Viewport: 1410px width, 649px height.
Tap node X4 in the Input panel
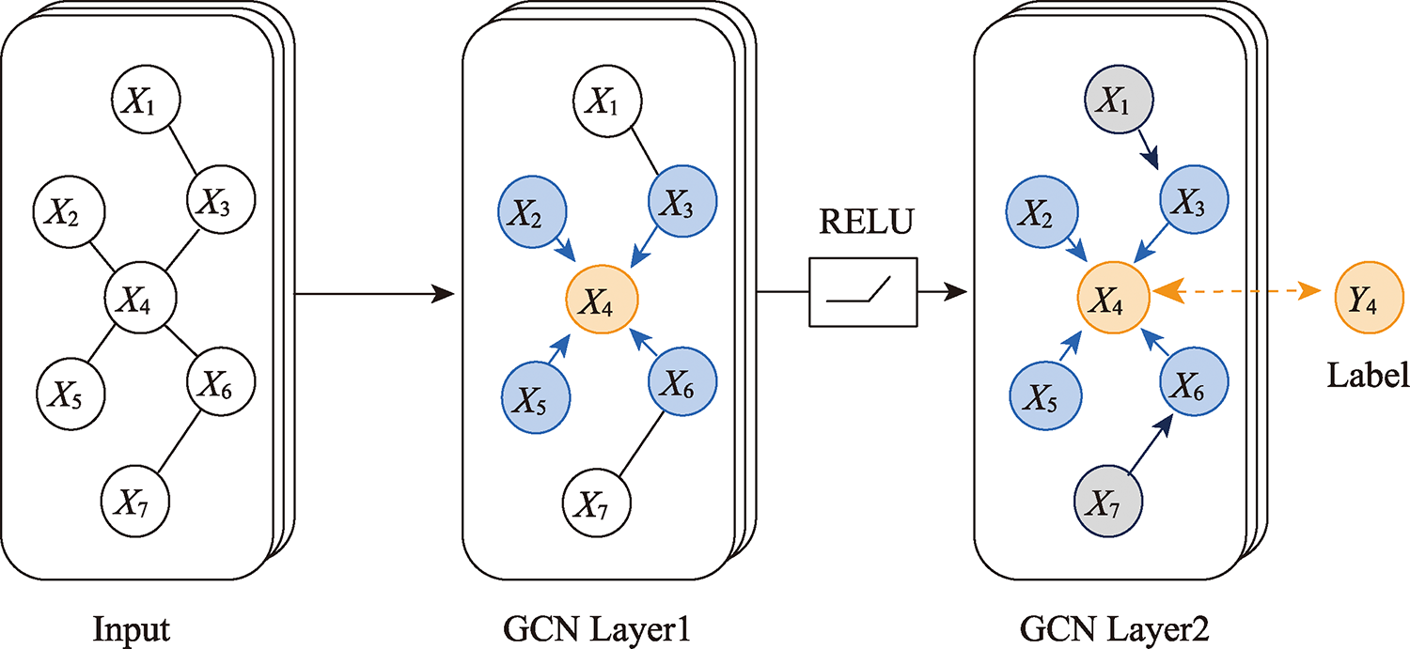click(x=141, y=301)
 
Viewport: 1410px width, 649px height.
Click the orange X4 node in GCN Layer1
click(x=601, y=301)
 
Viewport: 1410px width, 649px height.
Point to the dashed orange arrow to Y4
click(x=1241, y=293)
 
